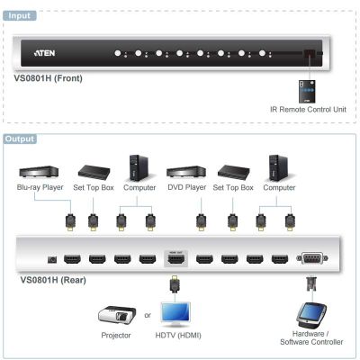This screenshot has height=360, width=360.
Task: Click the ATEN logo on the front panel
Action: [44, 53]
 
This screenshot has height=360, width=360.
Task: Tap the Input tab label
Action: [20, 15]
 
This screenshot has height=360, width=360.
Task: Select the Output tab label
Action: [20, 139]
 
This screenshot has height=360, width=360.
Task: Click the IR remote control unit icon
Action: [307, 91]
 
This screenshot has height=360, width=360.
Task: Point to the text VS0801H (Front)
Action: [48, 78]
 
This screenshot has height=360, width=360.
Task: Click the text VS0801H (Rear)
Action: [53, 280]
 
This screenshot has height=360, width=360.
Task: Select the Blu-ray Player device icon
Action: [39, 172]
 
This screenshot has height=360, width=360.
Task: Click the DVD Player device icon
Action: [186, 171]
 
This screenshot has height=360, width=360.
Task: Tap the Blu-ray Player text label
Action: [40, 187]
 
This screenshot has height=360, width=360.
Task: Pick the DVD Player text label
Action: [186, 187]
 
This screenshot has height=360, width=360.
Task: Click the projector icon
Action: [117, 316]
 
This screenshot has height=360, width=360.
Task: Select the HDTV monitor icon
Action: [175, 314]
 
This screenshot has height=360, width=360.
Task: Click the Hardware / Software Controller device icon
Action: [311, 316]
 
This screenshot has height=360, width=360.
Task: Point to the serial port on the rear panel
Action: [312, 258]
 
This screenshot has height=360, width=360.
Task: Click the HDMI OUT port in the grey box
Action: [175, 259]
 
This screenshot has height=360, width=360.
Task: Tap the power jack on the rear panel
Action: [52, 259]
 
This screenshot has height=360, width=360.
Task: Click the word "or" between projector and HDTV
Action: [148, 315]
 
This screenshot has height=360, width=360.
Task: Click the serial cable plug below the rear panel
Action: [311, 284]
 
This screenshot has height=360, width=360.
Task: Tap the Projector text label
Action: [116, 335]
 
